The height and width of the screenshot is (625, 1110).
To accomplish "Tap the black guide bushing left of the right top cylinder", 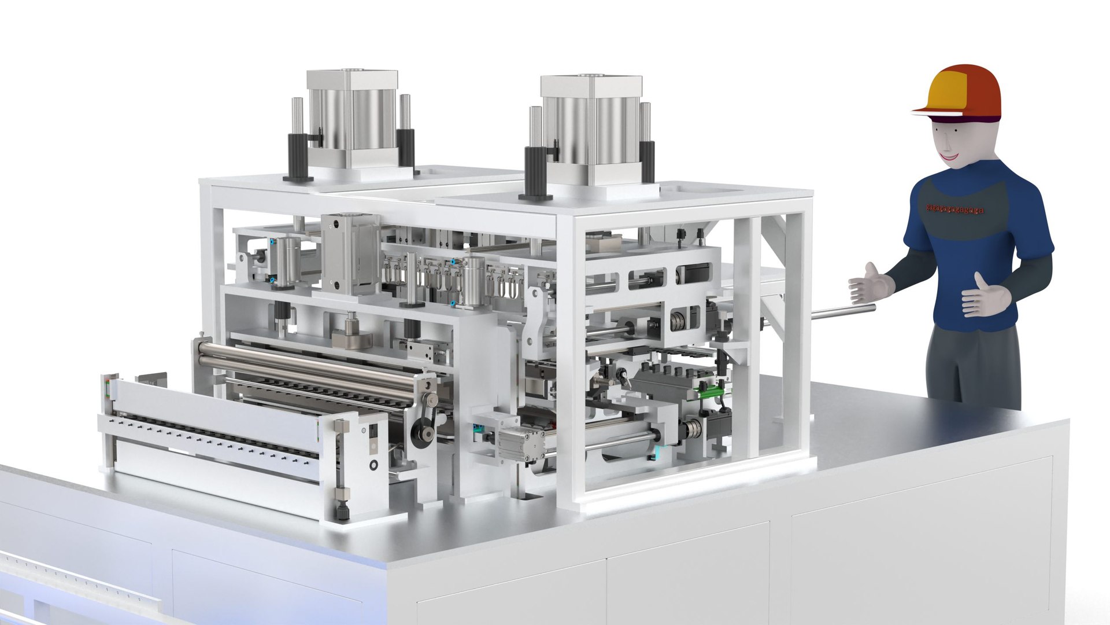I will click(534, 171).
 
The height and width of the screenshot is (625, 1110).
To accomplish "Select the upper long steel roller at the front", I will click(312, 351).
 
